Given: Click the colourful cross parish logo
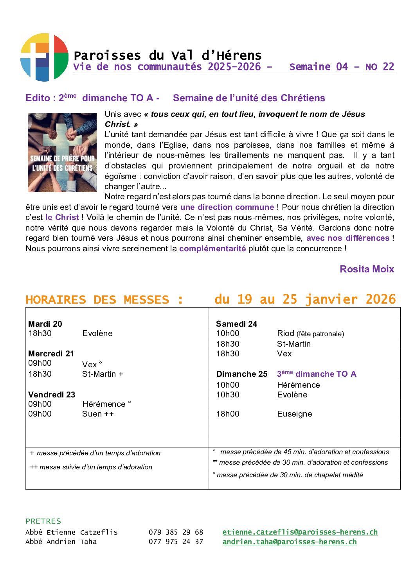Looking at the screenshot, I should coord(44,57).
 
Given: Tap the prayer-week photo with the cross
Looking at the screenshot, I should coord(62,152).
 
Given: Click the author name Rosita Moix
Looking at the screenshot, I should coord(367,269).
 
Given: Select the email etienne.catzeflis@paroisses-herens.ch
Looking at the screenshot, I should coord(300,532).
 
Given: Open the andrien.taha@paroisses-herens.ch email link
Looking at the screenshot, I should coord(289,542).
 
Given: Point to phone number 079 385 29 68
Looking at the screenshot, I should coord(176,532).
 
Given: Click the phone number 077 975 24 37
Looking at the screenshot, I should coord(176,542).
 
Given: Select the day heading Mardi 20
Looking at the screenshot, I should coord(45,324).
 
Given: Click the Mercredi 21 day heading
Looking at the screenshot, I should coord(51,353).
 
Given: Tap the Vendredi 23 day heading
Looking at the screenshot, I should coord(52,394).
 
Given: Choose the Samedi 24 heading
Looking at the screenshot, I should coord(236,324).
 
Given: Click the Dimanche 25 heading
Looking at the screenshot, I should coord(241,374).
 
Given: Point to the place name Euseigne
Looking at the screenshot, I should coord(294,414).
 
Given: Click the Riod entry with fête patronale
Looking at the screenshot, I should coord(310,333).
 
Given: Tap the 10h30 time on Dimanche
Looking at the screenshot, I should coord(228,395).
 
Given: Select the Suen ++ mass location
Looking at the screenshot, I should coord(98,414).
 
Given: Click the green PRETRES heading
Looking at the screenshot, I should coord(43,521).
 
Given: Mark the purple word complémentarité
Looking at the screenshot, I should coord(212,249).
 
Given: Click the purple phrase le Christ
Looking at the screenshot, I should coord(62,217).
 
